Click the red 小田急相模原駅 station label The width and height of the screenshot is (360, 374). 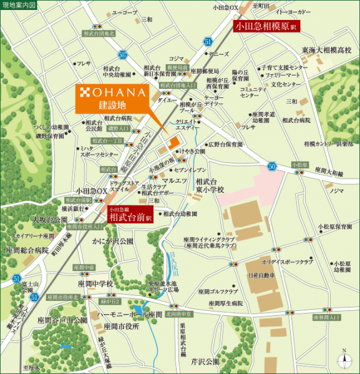tap(266, 27)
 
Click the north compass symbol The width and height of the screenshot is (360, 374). tap(344, 359)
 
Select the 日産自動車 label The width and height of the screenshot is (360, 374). tap(261, 275)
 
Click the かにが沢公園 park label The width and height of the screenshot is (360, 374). tap(112, 240)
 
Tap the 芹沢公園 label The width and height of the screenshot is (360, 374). tap(205, 361)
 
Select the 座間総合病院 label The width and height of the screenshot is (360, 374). tap(24, 250)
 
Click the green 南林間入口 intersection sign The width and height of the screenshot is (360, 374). tap(327, 317)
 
